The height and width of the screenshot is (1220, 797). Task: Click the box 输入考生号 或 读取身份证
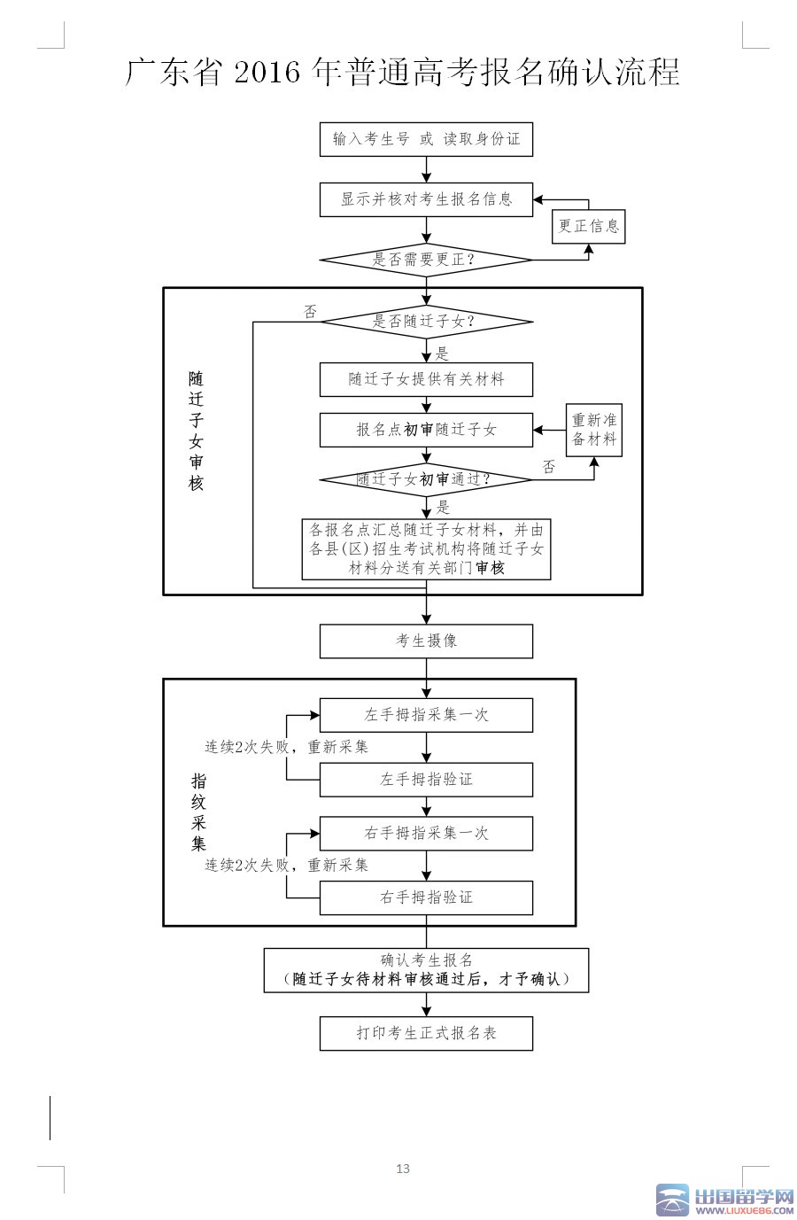tap(426, 139)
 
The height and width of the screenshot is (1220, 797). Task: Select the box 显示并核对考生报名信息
tap(426, 199)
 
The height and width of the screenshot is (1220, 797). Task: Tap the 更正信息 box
tap(589, 226)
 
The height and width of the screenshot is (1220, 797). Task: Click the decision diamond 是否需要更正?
tap(426, 260)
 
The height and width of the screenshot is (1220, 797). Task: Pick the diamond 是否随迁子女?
tap(426, 322)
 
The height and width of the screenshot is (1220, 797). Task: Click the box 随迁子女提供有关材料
tap(426, 379)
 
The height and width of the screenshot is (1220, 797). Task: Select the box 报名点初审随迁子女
tap(426, 430)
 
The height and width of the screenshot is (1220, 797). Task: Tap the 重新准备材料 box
tap(594, 430)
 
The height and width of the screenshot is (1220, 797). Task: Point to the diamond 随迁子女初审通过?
tap(426, 479)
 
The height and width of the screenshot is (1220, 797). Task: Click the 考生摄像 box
tap(426, 641)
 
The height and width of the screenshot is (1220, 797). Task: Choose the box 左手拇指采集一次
tap(426, 715)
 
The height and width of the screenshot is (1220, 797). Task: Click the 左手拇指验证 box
tap(426, 780)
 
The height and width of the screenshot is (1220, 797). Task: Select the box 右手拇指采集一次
tap(426, 833)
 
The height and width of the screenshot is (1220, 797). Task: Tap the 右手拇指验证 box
tap(426, 898)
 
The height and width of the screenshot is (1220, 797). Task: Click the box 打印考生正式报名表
tap(426, 1033)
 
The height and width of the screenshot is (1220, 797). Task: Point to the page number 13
tap(403, 1169)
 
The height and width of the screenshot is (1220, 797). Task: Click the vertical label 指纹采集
tap(199, 812)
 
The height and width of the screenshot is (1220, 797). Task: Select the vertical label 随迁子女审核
tap(196, 431)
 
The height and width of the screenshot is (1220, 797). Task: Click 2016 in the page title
tap(267, 72)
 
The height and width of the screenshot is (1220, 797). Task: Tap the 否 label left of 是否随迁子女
tap(310, 312)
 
